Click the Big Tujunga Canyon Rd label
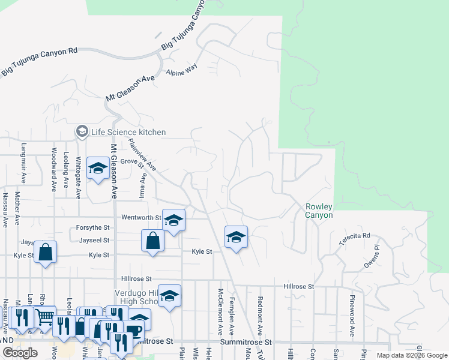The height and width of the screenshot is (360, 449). click(x=40, y=61)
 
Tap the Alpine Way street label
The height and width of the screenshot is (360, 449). click(x=182, y=70)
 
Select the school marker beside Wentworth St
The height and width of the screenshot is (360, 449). click(x=173, y=221)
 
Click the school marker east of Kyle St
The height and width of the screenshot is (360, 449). click(x=237, y=237)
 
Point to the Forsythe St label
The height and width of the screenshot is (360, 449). click(x=93, y=228)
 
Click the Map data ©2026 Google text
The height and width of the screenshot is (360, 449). click(x=412, y=355)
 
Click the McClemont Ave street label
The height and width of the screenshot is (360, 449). click(x=221, y=311)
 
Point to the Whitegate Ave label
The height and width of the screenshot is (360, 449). click(x=78, y=177)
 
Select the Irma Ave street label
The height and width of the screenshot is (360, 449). click(x=143, y=186)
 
